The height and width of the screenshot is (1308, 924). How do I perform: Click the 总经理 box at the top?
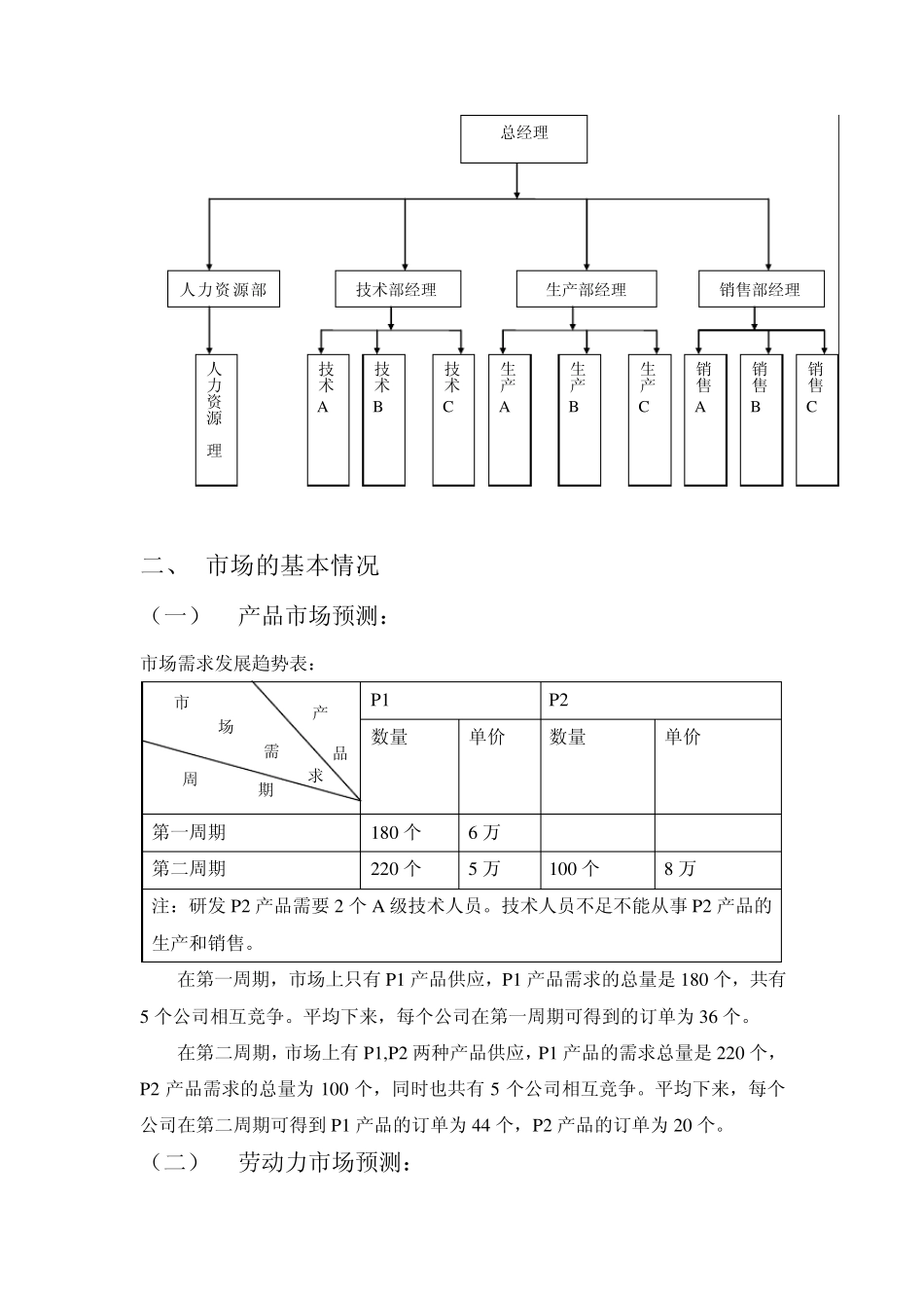click(523, 138)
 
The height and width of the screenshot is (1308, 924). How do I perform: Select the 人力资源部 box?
click(224, 289)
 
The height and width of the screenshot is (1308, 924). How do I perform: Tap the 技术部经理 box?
click(396, 289)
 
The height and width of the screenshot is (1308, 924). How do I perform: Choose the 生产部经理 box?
click(586, 289)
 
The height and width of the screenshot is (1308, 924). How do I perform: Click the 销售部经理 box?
click(761, 289)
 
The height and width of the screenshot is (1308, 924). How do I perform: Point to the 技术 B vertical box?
click(383, 418)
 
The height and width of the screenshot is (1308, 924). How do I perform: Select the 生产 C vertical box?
click(649, 418)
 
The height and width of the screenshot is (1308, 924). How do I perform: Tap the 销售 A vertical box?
click(705, 418)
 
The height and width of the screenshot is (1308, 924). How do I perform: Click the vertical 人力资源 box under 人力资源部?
click(216, 418)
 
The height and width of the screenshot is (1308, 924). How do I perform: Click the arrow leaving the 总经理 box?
click(516, 180)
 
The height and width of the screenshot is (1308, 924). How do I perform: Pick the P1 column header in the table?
click(380, 700)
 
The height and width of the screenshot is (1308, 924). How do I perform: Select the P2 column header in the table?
click(558, 700)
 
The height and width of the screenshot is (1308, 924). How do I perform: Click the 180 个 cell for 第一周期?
click(396, 832)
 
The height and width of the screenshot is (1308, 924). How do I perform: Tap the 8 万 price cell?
click(681, 868)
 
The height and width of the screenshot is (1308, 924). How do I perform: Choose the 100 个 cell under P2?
click(574, 868)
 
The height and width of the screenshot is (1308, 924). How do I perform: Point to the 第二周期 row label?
click(189, 868)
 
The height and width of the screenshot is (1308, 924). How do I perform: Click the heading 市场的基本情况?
click(293, 565)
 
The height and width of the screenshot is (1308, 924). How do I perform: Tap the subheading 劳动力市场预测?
click(325, 1162)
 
